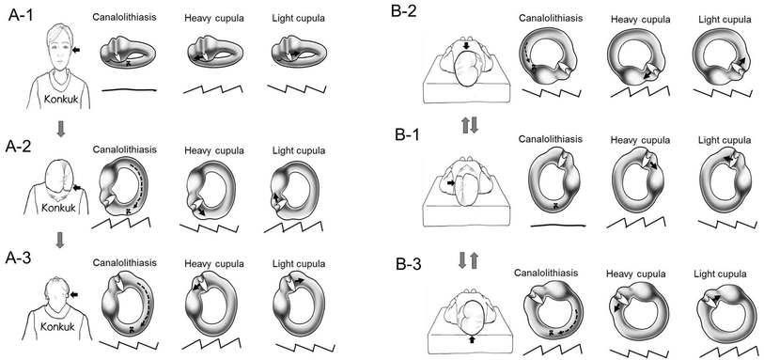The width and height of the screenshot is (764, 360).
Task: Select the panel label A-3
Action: pos(20,257)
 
